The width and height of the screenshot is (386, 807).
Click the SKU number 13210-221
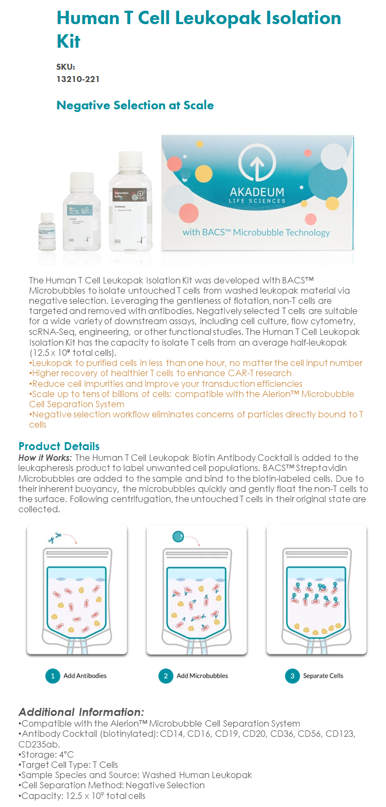click(x=78, y=79)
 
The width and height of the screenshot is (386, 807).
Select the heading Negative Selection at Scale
click(x=135, y=105)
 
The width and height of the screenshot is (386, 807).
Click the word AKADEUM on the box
click(x=257, y=192)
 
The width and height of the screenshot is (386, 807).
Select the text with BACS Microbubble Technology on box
click(x=256, y=233)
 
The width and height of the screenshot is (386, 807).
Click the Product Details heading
click(x=59, y=446)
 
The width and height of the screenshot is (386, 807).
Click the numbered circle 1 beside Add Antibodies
click(x=52, y=676)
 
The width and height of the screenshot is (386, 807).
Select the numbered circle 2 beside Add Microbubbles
click(x=166, y=676)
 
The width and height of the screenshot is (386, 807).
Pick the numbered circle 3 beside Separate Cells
click(x=292, y=676)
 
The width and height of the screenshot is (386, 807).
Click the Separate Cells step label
click(x=323, y=676)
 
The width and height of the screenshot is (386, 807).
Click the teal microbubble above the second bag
click(x=179, y=536)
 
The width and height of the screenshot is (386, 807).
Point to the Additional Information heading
click(x=81, y=712)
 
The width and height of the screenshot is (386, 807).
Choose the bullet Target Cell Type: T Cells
click(x=69, y=765)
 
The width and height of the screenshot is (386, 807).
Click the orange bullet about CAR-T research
click(x=161, y=373)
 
